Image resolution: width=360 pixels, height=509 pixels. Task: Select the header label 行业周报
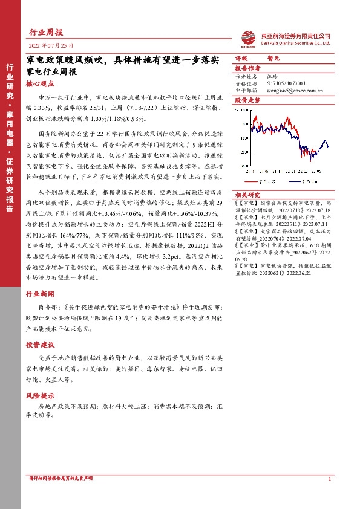pos(45,33)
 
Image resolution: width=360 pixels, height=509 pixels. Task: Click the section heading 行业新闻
pos(40,293)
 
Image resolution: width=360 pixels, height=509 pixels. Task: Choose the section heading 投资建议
pos(40,345)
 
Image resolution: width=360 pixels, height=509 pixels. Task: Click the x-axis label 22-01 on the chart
pos(290,171)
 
